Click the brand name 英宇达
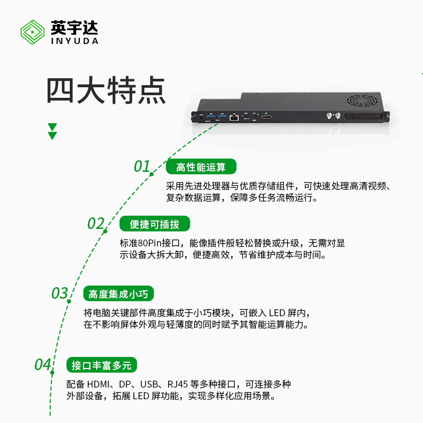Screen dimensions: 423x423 pyautogui.click(x=75, y=27)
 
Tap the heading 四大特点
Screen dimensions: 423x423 pyautogui.click(x=106, y=90)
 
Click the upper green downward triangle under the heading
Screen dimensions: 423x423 pyautogui.click(x=52, y=127)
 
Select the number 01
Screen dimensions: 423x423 pyautogui.click(x=142, y=167)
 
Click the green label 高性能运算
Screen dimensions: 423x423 pyautogui.click(x=201, y=168)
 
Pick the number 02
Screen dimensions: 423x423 pyautogui.click(x=96, y=224)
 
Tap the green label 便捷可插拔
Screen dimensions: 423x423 pyautogui.click(x=154, y=224)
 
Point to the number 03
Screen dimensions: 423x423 pyautogui.click(x=60, y=293)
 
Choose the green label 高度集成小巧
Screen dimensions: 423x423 pyautogui.click(x=118, y=294)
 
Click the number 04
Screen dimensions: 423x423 pyautogui.click(x=43, y=365)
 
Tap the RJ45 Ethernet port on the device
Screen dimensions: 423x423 pyautogui.click(x=233, y=117)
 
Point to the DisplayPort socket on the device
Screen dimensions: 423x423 pyautogui.click(x=268, y=117)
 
